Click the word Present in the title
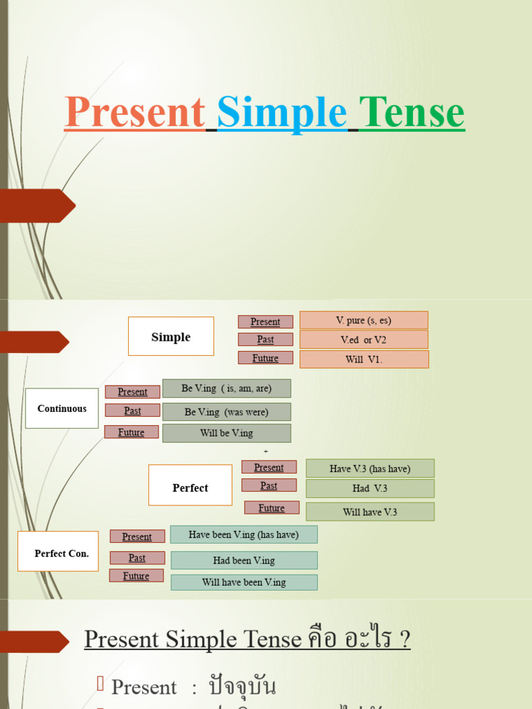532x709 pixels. pos(134,112)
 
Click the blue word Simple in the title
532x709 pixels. pos(282,112)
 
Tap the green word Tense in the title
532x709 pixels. pos(411,112)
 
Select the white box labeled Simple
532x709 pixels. pos(171,336)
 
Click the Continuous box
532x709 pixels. pos(62,409)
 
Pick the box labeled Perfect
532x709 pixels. pos(190,485)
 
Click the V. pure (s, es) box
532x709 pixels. pos(364,320)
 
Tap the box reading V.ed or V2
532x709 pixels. pos(364,340)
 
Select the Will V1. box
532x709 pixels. pos(364,359)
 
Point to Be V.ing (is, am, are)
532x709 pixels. pos(227,388)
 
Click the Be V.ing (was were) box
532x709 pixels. pos(227,412)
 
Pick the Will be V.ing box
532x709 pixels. pos(227,433)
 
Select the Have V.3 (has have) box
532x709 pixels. pos(370,469)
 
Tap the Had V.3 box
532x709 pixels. pos(370,489)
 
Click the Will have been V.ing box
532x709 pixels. pos(244,582)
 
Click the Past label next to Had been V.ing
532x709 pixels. pos(137,558)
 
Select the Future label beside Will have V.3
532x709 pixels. pos(272,508)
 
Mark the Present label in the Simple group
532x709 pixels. pos(265,322)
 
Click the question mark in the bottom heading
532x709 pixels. pos(404,639)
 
